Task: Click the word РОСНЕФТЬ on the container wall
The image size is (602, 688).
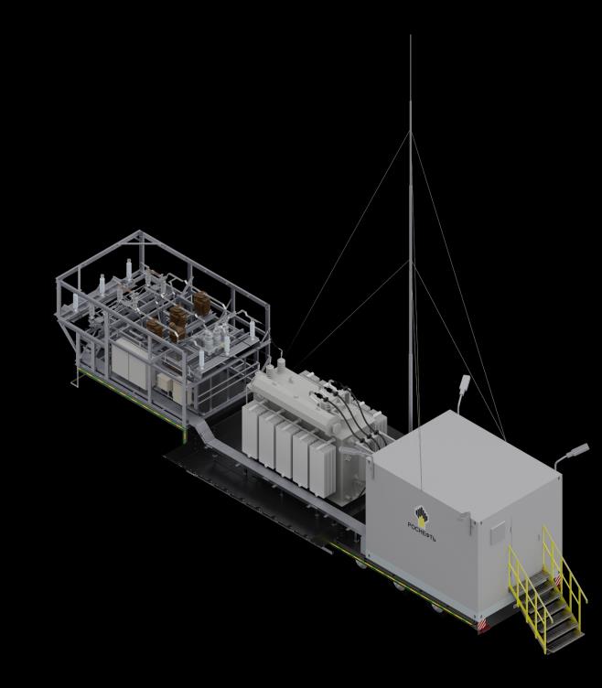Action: point(422,532)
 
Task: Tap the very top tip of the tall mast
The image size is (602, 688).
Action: point(410,36)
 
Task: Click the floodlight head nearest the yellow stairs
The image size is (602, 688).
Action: point(579,450)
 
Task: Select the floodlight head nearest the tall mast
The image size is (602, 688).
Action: point(465,382)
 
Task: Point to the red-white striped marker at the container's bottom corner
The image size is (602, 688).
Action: point(484,625)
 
